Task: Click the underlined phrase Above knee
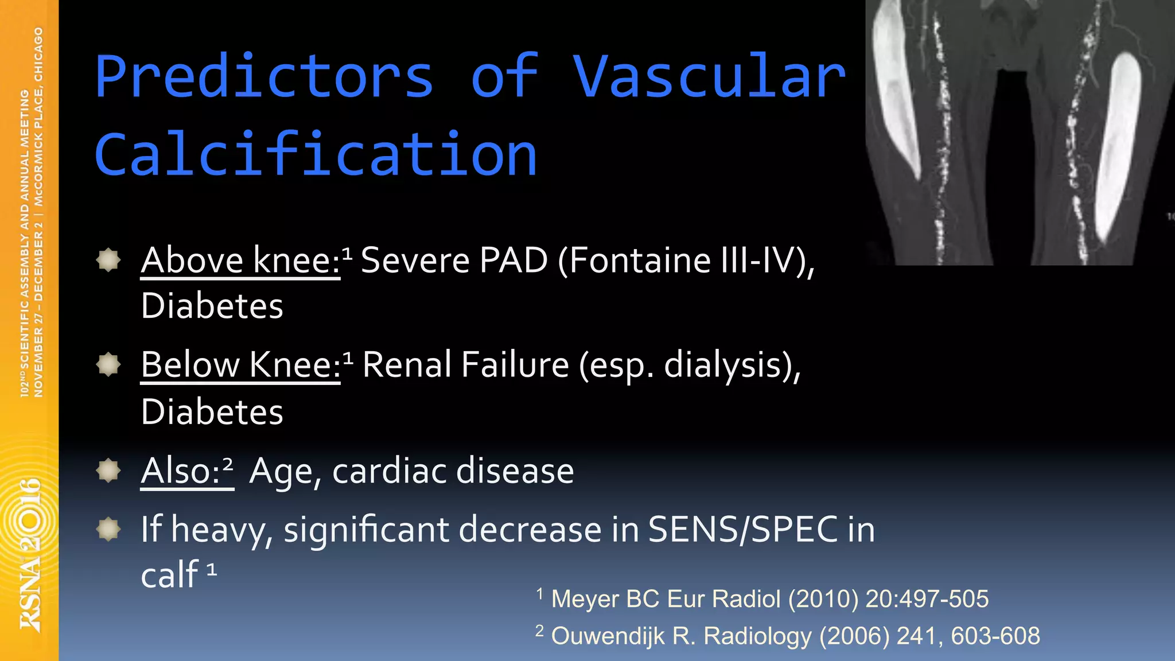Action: (240, 260)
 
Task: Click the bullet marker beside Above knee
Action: (108, 260)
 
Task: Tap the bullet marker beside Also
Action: (108, 471)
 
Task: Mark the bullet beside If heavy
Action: (108, 529)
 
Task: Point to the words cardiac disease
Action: (453, 471)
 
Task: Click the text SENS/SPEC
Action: (742, 529)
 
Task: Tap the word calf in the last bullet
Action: (169, 574)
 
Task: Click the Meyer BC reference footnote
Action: (769, 599)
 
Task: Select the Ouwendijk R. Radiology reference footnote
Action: (795, 636)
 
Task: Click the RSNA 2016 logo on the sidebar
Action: (30, 554)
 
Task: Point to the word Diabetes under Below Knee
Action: (212, 412)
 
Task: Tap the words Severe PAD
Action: (454, 260)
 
